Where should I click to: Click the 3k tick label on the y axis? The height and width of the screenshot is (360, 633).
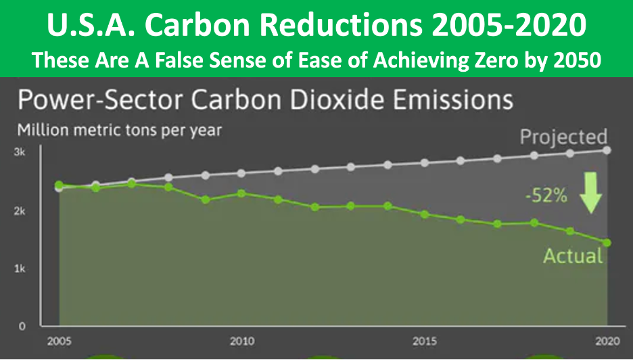[x=20, y=153]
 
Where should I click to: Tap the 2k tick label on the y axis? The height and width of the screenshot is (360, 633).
[x=20, y=211]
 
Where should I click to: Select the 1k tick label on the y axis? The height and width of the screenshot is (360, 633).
[x=20, y=269]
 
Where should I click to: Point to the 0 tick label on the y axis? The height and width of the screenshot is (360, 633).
[x=22, y=326]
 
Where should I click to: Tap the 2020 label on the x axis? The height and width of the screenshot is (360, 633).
[x=606, y=341]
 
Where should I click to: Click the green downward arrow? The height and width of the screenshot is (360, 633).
[x=592, y=192]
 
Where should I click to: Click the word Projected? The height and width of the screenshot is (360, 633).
[x=563, y=137]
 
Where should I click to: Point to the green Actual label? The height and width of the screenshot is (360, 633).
[x=573, y=256]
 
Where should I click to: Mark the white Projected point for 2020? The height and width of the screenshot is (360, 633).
[x=607, y=150]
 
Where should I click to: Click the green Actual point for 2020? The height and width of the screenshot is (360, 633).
[x=607, y=242]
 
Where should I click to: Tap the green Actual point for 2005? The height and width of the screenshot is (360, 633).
[x=59, y=185]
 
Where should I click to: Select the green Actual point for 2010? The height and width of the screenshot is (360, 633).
[x=241, y=194]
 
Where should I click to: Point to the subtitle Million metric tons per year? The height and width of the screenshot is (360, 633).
[x=119, y=129]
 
